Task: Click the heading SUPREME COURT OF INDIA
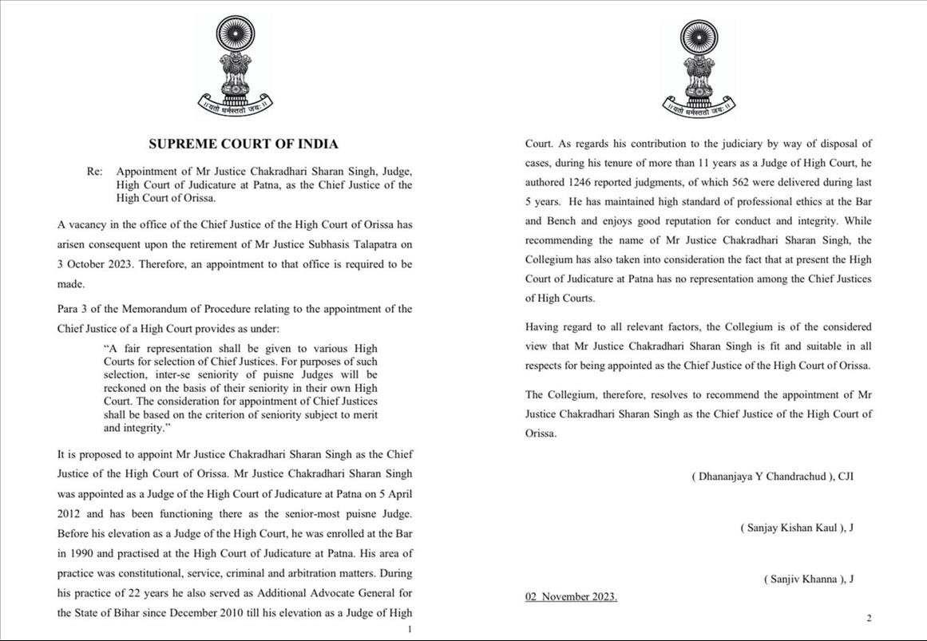click(x=244, y=144)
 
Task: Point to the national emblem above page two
click(x=699, y=67)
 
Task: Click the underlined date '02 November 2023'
click(x=571, y=597)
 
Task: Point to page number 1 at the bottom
click(x=410, y=630)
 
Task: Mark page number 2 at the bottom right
click(x=869, y=618)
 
